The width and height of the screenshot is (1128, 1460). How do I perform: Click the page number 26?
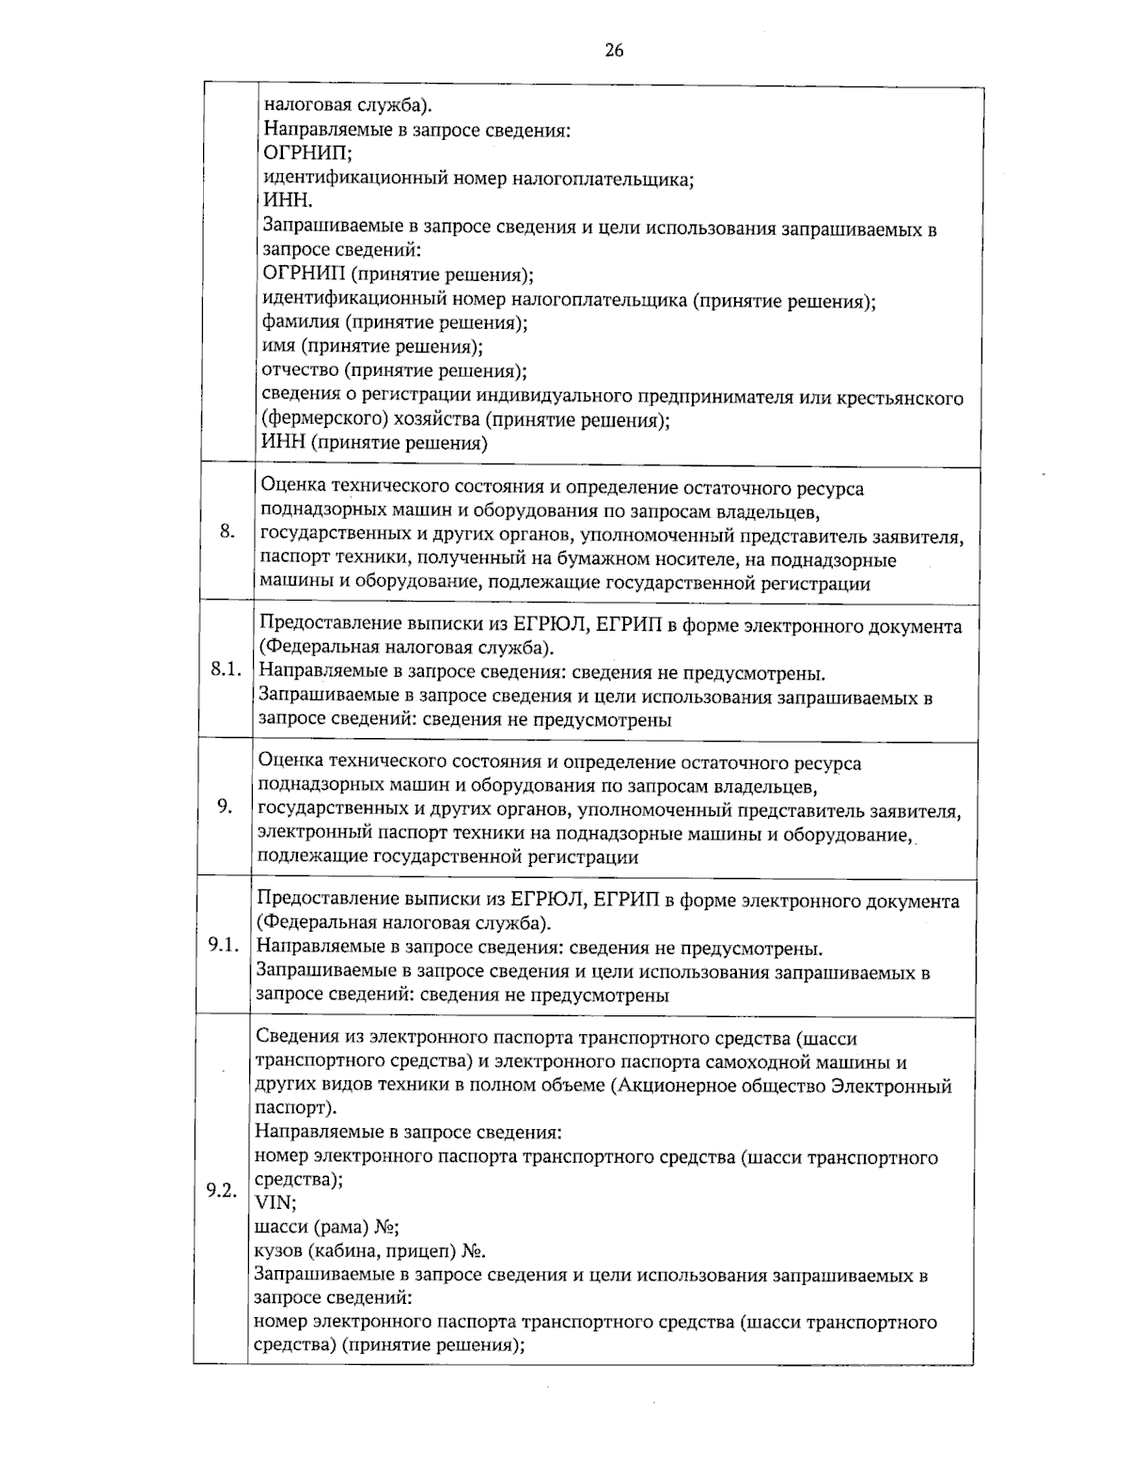[x=614, y=51]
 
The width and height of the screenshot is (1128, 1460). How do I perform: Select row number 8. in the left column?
[x=227, y=532]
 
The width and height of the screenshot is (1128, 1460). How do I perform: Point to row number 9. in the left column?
[x=225, y=806]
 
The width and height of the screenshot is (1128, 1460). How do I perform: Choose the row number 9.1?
[x=225, y=944]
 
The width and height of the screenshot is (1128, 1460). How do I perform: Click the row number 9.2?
[x=222, y=1190]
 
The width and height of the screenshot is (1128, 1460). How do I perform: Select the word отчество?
[x=300, y=371]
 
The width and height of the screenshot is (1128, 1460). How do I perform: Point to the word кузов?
[x=278, y=1251]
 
